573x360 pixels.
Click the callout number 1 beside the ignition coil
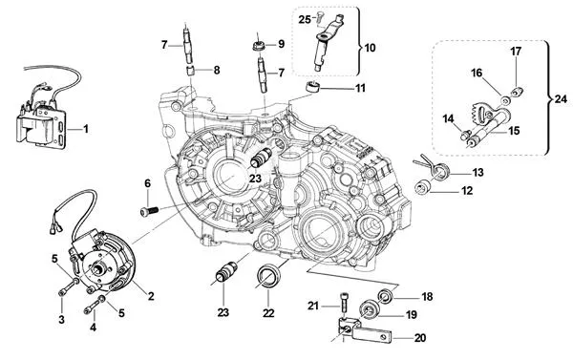click(85, 128)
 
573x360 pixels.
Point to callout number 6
click(147, 183)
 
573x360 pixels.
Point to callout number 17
click(516, 51)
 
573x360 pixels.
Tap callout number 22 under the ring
click(268, 312)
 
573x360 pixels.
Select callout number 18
click(426, 296)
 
